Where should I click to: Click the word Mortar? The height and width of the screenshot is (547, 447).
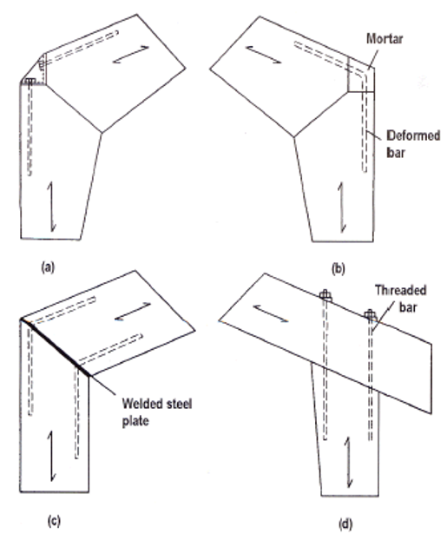pos(385,39)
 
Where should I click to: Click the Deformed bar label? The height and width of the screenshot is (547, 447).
pos(413,144)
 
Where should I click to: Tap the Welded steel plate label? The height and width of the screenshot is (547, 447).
pos(157,412)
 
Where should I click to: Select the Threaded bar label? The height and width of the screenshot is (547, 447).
pos(401,299)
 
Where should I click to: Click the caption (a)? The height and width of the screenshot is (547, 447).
pos(48,267)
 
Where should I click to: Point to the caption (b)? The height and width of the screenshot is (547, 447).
pos(339,269)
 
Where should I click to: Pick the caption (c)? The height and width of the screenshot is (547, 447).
pos(54,521)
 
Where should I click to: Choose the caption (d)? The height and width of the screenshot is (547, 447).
pos(345,524)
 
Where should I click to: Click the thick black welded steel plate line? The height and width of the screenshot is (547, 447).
pos(56,347)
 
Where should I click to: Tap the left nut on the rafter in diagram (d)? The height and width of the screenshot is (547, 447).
pos(325,295)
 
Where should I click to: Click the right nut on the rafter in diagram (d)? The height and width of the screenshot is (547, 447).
pos(370,315)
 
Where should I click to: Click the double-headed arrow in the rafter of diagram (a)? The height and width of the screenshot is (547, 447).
pos(131,55)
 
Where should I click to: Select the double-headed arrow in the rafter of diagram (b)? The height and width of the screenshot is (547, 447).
pos(264,55)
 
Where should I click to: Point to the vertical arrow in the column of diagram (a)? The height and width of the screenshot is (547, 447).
pos(51,206)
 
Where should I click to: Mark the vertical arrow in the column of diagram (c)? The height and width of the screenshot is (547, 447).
pos(51,457)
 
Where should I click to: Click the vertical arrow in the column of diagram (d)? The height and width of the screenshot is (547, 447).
pos(348,462)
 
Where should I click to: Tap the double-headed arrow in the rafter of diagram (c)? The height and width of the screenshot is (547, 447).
pos(133,312)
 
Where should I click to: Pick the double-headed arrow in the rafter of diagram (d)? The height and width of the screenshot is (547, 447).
pos(271,313)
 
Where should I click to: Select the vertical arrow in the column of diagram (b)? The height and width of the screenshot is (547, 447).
pos(342,208)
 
